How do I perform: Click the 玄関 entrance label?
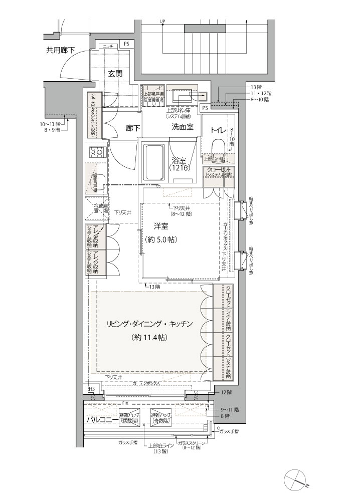point(115,73)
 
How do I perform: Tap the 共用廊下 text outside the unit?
point(61,50)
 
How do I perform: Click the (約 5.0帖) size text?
point(160,240)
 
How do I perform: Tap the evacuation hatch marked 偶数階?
point(129,418)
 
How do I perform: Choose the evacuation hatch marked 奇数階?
point(161,418)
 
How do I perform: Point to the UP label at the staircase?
point(162,21)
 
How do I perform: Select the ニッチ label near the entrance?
point(107,46)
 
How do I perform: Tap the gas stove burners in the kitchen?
point(96,151)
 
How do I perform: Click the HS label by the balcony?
point(92,389)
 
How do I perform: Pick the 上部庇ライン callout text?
point(160,446)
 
